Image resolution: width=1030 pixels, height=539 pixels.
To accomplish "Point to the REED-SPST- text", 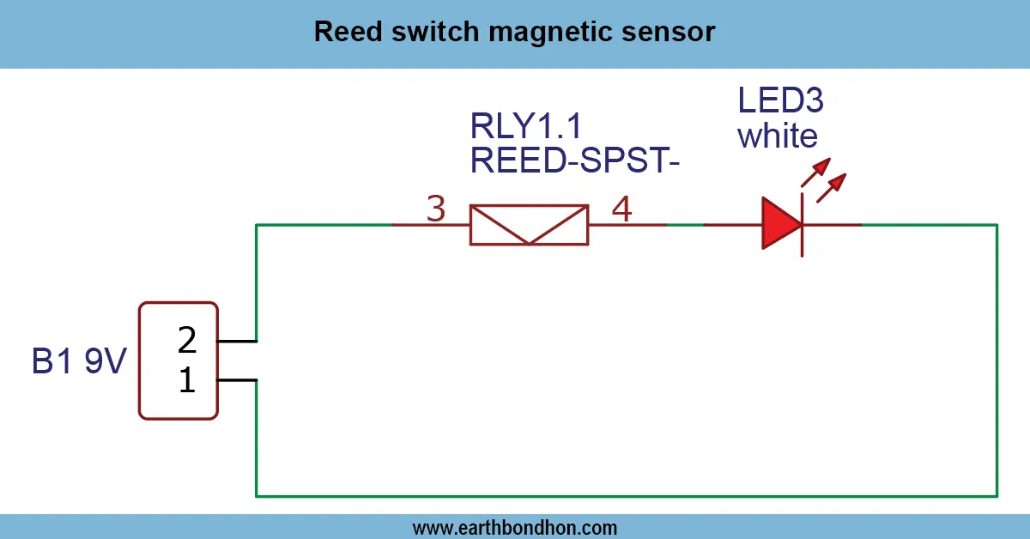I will coord(574,161).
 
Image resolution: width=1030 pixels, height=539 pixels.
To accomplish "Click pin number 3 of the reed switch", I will coord(436,209).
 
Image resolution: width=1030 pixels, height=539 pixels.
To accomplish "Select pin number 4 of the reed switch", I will coord(622,209).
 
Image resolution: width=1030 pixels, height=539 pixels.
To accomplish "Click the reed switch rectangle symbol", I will coord(529,225).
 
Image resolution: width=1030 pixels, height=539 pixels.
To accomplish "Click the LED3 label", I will coord(781,101).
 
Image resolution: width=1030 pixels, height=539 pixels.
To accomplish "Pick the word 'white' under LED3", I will coord(778,136).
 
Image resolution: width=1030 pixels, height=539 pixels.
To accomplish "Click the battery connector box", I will coord(179,360).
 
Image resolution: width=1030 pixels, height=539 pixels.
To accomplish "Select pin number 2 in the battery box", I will coord(187,341).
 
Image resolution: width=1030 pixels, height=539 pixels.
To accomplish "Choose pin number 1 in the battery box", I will coord(187,381).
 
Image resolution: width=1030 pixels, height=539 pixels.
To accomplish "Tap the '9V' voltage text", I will coord(105,362).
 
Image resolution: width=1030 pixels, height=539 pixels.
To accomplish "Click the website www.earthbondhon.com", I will coord(515,527).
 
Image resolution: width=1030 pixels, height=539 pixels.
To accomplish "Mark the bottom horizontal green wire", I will coord(627,495).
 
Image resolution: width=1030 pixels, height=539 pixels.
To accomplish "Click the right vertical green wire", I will coord(997,360).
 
